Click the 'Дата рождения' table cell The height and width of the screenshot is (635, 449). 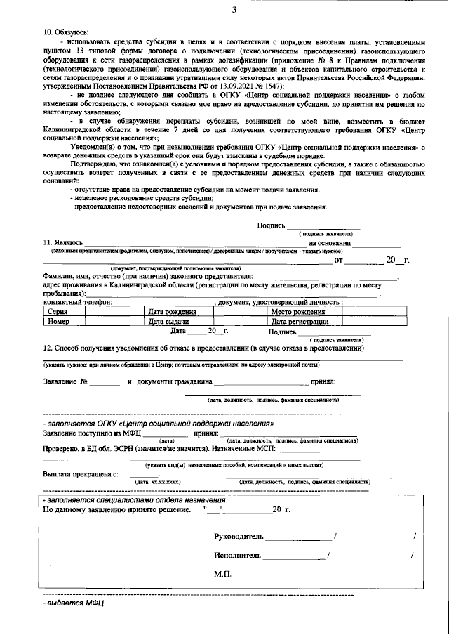[170, 311]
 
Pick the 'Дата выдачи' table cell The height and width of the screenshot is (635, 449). [168, 321]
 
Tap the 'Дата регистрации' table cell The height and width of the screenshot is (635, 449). [300, 321]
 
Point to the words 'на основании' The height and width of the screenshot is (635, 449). [328, 242]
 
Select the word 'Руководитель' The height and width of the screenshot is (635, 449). [239, 536]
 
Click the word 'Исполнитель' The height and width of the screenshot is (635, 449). [237, 555]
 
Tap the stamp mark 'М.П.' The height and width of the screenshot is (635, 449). [223, 574]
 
